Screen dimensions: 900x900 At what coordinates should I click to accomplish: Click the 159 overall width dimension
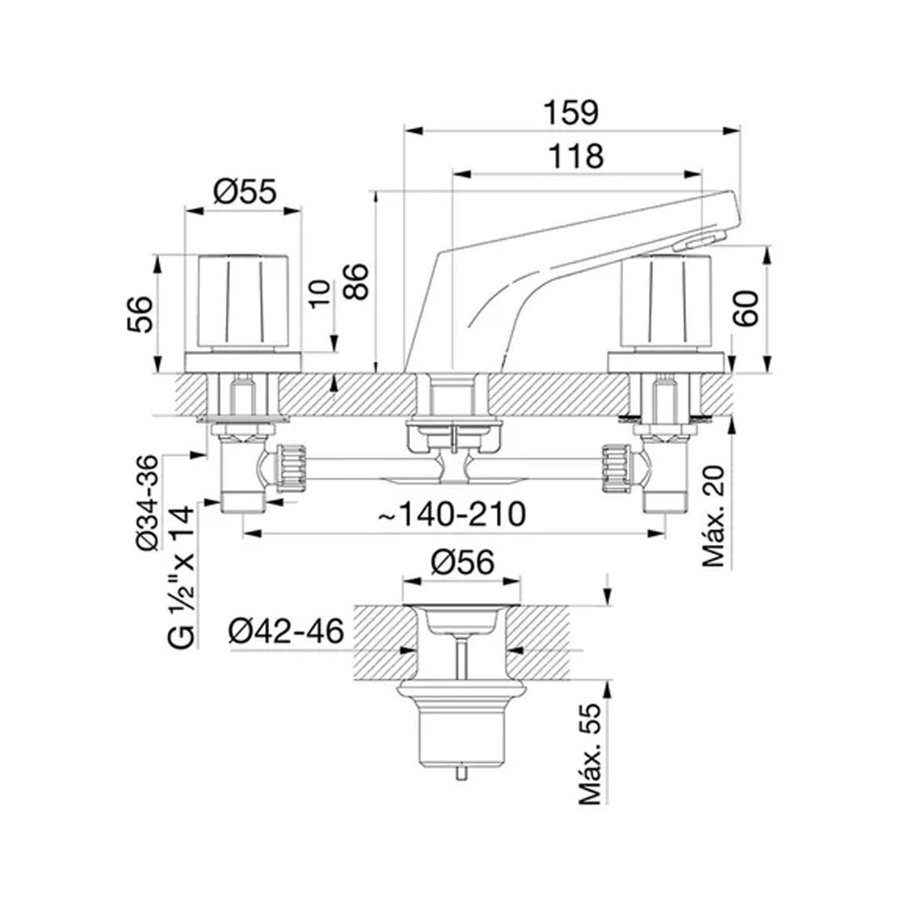(573, 112)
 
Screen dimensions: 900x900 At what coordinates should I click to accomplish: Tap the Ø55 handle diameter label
(244, 192)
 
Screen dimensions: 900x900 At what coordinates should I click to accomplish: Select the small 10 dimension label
(318, 292)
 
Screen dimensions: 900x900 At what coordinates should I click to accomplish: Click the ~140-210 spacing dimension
(452, 514)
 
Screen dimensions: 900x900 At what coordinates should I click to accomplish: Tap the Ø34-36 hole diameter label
(147, 503)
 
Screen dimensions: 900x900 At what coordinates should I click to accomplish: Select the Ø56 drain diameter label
(462, 563)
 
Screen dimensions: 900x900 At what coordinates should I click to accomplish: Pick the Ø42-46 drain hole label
(286, 632)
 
